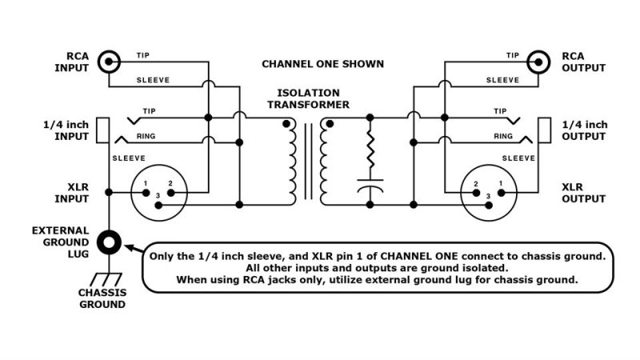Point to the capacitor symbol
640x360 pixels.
370,191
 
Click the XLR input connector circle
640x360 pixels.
157,194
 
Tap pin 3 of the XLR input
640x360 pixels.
157,206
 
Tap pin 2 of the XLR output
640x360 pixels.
477,192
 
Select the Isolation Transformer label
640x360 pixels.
308,98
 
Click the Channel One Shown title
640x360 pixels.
323,63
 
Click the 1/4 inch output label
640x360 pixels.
585,130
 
